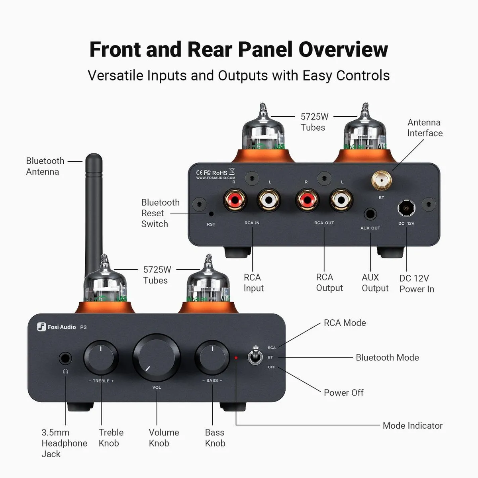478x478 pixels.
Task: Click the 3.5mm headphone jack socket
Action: pyautogui.click(x=66, y=358)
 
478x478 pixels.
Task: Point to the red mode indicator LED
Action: pyautogui.click(x=236, y=358)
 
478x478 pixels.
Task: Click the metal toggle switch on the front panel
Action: pyautogui.click(x=254, y=356)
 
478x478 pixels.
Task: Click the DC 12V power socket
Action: pyautogui.click(x=406, y=208)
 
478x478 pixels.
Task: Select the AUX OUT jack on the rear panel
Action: pyautogui.click(x=370, y=214)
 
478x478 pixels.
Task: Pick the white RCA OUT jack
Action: pyautogui.click(x=341, y=199)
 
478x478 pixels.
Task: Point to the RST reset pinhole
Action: pyautogui.click(x=211, y=214)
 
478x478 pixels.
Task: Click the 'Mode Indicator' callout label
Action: pyautogui.click(x=412, y=425)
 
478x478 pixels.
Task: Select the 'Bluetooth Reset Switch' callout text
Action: pyautogui.click(x=160, y=213)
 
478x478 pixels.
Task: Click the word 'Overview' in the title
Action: pyautogui.click(x=343, y=49)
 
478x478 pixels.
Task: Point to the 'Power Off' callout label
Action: pyautogui.click(x=343, y=392)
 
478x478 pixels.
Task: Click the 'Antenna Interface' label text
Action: pyautogui.click(x=425, y=127)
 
